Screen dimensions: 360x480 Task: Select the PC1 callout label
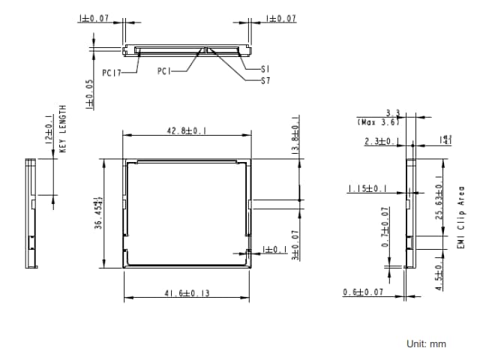pos(165,72)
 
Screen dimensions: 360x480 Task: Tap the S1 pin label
pos(265,69)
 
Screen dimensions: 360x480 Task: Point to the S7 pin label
pos(265,80)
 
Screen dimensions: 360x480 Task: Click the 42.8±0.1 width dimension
pos(186,130)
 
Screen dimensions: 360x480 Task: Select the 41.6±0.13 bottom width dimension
pos(187,293)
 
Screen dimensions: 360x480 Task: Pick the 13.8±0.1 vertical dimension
pos(295,135)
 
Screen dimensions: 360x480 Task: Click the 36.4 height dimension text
pos(98,214)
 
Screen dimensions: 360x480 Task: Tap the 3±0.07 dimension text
pos(295,245)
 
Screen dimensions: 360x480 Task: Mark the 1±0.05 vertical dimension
pos(89,94)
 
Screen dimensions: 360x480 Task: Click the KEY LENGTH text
pos(63,129)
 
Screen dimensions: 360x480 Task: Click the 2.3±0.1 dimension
pos(381,141)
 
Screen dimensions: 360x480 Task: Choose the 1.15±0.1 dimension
pos(367,189)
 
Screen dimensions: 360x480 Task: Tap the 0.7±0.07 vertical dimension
pos(385,228)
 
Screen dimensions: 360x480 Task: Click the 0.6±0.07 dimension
pos(364,292)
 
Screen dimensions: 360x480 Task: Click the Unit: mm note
pos(426,343)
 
